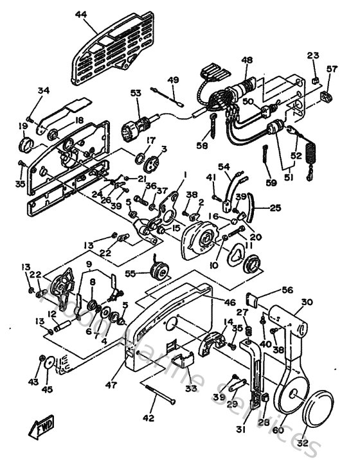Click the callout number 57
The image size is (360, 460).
332,69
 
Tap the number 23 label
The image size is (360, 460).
312,57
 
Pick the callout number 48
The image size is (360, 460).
246,60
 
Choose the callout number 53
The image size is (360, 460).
136,93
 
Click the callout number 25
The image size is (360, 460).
275,208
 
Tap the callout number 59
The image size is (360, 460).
270,183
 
